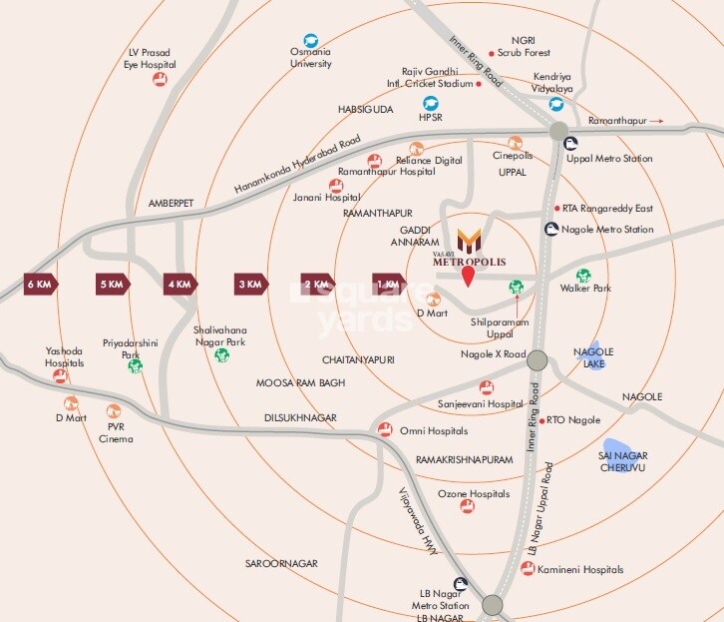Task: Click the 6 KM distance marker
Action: coord(41,284)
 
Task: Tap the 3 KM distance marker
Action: coord(250,284)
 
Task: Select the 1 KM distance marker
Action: coord(389,284)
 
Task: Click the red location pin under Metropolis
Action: coord(468,277)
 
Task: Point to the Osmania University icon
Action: coord(310,40)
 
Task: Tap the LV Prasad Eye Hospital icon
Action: coord(159,79)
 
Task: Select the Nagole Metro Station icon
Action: coord(551,230)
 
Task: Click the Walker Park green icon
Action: coord(583,276)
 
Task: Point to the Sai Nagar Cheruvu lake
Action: coord(619,453)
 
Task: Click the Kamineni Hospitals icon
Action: coord(527,568)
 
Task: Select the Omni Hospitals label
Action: coord(434,430)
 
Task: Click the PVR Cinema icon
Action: coord(114,411)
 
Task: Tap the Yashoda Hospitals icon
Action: coord(60,376)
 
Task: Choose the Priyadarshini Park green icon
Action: coord(135,365)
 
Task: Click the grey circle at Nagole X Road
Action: coord(538,360)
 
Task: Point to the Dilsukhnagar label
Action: coord(300,417)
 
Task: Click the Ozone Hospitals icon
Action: coord(467,506)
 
